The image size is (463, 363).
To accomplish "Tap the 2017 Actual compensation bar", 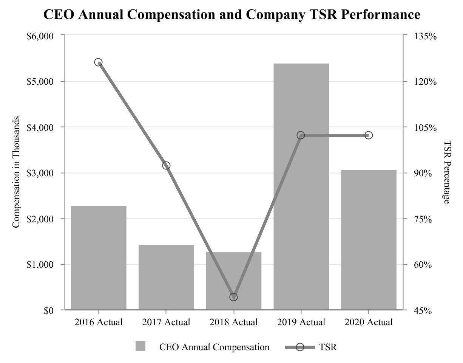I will click(x=166, y=278).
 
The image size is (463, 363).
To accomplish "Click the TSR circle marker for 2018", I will click(x=233, y=297).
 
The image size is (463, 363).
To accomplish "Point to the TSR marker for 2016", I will click(x=99, y=62).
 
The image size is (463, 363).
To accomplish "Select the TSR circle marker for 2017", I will click(x=166, y=166).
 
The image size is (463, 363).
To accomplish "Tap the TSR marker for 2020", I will click(x=369, y=135).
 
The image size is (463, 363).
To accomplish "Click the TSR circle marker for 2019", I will click(x=301, y=135).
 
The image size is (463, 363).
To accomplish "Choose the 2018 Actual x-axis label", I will click(x=233, y=323).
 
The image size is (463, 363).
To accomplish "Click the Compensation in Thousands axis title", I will click(x=16, y=172).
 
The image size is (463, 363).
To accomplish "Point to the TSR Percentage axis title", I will click(x=447, y=172).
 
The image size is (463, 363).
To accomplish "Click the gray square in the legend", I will click(x=140, y=346).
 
